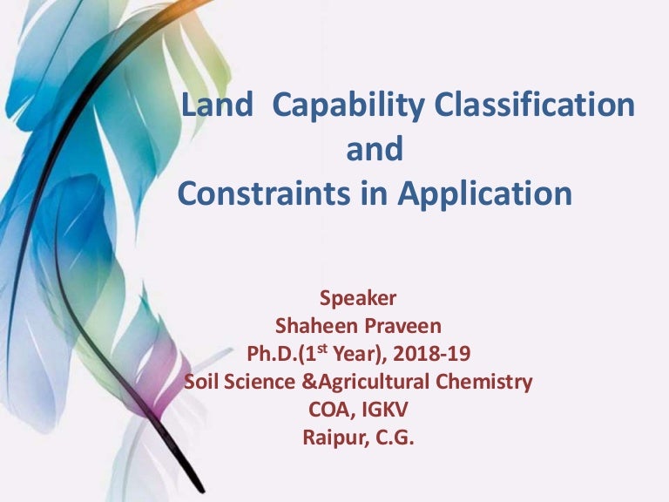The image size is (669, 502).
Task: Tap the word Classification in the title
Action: click(x=534, y=106)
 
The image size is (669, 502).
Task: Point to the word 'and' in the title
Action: click(x=375, y=150)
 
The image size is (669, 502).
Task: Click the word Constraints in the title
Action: click(x=267, y=193)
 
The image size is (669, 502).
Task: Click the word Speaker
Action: click(x=358, y=299)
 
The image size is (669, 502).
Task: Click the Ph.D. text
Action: click(x=273, y=355)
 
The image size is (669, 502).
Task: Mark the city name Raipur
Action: click(x=331, y=438)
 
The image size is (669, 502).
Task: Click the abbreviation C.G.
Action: click(x=394, y=438)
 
